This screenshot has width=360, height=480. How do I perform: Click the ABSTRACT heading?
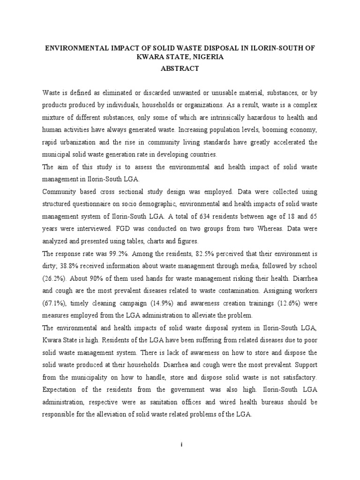pos(180,68)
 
